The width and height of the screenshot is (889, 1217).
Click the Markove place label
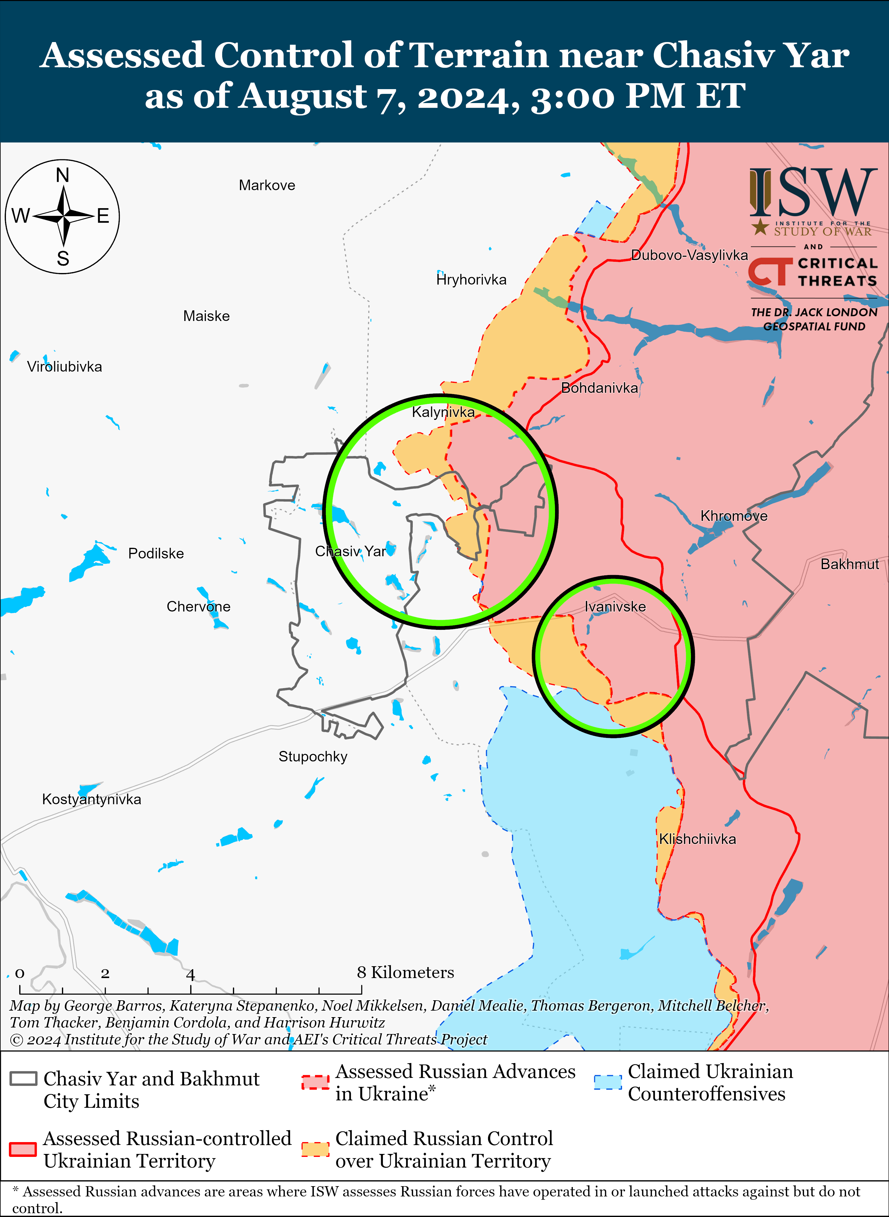pyautogui.click(x=267, y=186)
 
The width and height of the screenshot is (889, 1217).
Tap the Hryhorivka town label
pyautogui.click(x=471, y=280)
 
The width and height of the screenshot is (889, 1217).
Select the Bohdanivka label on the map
pyautogui.click(x=599, y=388)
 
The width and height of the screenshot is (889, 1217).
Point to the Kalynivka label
pyautogui.click(x=443, y=412)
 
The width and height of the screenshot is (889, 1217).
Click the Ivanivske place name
pyautogui.click(x=615, y=607)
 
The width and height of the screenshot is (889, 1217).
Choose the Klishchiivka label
pyautogui.click(x=698, y=839)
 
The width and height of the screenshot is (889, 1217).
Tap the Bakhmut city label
pyautogui.click(x=850, y=564)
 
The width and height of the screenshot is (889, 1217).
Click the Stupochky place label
pyautogui.click(x=313, y=757)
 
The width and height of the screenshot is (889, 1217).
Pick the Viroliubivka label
pyautogui.click(x=65, y=367)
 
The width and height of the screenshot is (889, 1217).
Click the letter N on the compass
pyautogui.click(x=63, y=175)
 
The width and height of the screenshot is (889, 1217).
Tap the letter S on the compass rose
pyautogui.click(x=63, y=259)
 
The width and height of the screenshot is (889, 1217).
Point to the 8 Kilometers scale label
pyautogui.click(x=405, y=972)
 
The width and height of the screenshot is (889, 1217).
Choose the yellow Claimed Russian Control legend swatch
pyautogui.click(x=315, y=1149)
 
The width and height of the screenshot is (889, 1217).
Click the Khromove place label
pyautogui.click(x=733, y=516)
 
